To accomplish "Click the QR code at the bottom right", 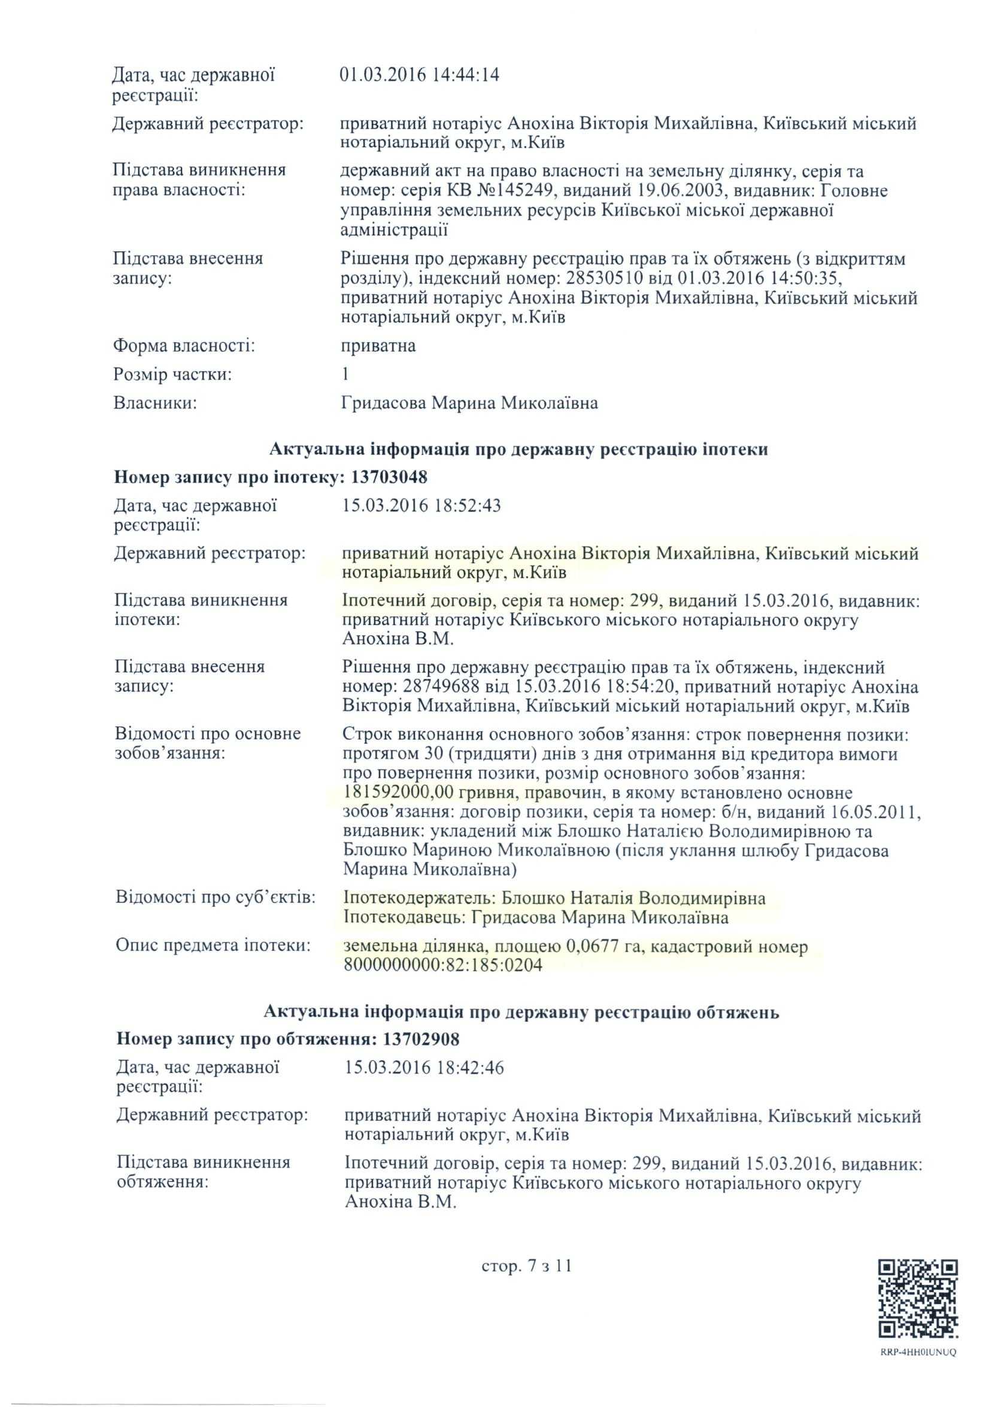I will (x=918, y=1299).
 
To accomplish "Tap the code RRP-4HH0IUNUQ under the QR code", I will (x=918, y=1352).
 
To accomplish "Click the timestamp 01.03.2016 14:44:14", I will (x=419, y=75).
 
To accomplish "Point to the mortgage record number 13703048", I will (x=389, y=477).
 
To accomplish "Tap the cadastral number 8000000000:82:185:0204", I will (x=443, y=965).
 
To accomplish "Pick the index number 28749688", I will (x=442, y=686).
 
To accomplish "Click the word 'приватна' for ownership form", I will (x=378, y=345).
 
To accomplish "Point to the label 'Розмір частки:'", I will (x=172, y=374).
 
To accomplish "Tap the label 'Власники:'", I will (x=154, y=403).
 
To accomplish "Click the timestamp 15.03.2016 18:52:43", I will (x=421, y=506).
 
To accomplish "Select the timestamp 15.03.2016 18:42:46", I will (x=424, y=1068).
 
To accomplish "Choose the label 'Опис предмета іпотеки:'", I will (x=213, y=945).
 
